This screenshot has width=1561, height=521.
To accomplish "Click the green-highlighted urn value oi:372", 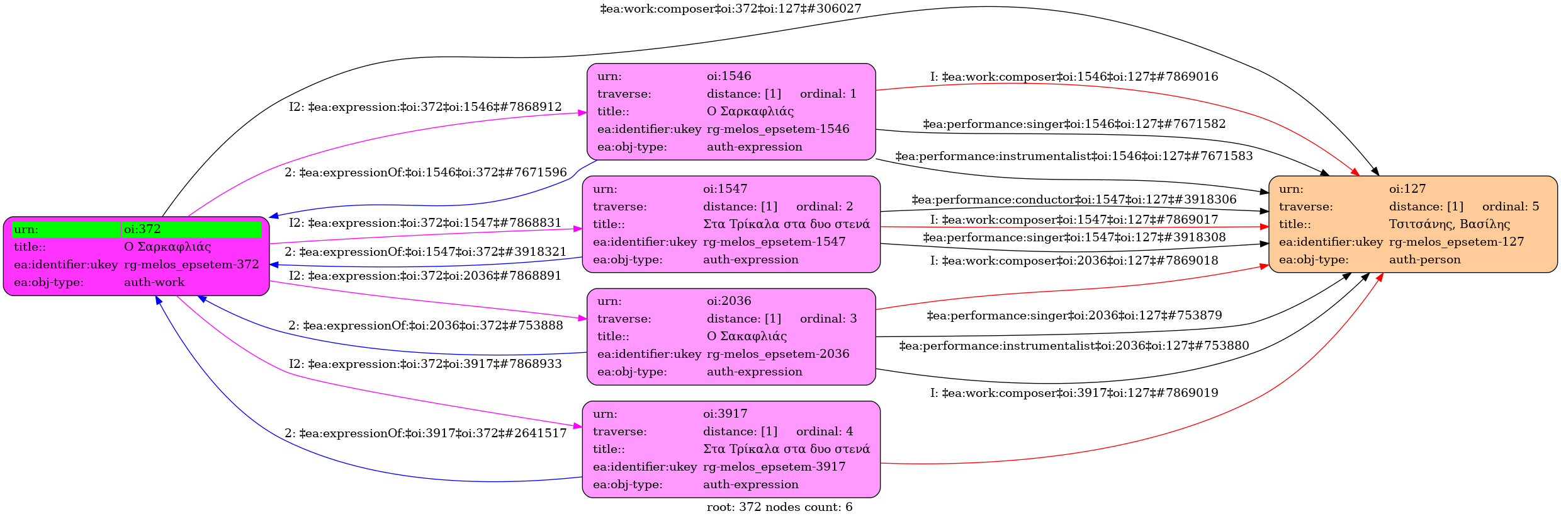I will coord(142,229).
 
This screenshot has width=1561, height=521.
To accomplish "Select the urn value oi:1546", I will coord(729,76).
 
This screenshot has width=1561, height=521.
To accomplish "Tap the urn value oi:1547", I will coord(725,189).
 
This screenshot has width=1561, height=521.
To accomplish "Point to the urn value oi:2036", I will coord(729,301).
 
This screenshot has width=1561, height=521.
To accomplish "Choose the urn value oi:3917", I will coord(725,414).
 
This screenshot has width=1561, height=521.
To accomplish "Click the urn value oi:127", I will coord(1407,189).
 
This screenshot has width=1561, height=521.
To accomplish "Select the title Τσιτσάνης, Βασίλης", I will coord(1450,224).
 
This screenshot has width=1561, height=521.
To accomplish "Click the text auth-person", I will coord(1425,260).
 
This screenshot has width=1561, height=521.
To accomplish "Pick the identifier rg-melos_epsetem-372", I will coord(191,265).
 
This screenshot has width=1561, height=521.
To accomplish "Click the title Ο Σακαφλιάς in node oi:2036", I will coord(747,336).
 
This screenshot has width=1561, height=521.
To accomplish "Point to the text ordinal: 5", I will coord(1511,207).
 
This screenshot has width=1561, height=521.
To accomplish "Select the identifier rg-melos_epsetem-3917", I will coord(774,467).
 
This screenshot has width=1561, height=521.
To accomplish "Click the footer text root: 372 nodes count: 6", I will coord(779,507).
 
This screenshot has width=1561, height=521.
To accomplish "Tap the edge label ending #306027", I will coord(730,9).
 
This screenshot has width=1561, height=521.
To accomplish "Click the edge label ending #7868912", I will coord(425,107).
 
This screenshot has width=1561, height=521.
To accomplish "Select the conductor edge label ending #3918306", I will coord(1074,200).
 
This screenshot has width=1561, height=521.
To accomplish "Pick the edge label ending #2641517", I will coord(425,433).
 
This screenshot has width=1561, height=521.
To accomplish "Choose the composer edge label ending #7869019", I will coord(1074,393).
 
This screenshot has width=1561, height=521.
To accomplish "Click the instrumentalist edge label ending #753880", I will coord(1074,346).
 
